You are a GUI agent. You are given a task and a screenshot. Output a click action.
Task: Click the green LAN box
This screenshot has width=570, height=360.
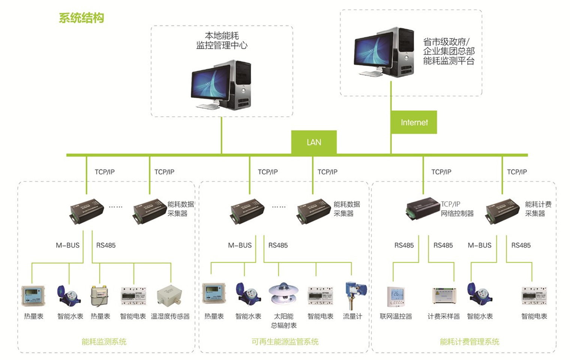point(314,142)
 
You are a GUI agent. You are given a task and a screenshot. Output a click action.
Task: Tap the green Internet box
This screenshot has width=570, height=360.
point(414,122)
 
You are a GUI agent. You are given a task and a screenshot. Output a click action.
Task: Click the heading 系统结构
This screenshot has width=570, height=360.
point(81,18)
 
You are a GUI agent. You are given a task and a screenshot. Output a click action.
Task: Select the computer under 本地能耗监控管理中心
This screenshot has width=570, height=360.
point(221,85)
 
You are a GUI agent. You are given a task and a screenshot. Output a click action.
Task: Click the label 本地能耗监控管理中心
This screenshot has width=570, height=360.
point(221,40)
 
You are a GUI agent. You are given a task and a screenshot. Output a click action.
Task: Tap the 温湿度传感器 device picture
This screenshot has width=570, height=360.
point(169,295)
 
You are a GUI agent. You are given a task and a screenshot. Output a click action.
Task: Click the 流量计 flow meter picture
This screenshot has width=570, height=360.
point(354,295)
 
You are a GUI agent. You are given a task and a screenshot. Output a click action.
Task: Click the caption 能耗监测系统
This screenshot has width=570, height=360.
point(104,342)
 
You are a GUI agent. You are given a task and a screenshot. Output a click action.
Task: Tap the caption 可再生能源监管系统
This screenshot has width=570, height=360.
point(285,342)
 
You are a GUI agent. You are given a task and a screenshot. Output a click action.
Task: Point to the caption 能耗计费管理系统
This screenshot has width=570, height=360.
point(469,342)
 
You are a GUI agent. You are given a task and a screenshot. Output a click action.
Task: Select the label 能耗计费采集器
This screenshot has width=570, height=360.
point(538,209)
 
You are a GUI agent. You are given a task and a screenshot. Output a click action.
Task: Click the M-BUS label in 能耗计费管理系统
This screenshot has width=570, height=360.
point(479,245)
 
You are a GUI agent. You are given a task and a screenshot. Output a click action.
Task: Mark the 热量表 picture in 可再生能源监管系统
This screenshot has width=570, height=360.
point(214,294)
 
